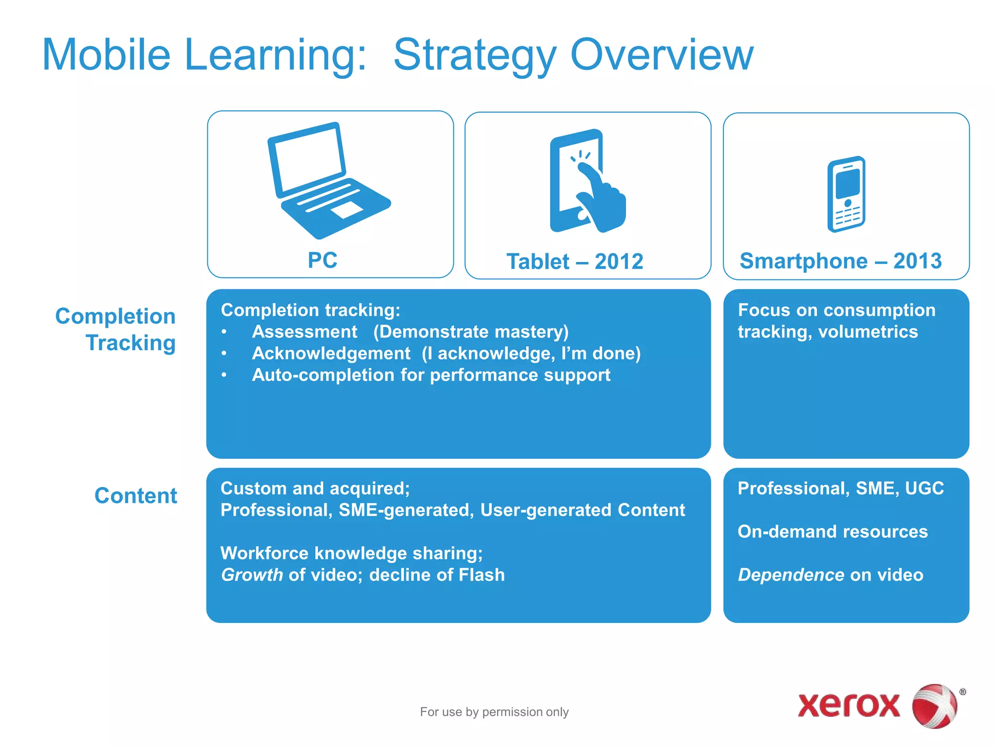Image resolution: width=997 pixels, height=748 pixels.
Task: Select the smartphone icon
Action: coord(846,194)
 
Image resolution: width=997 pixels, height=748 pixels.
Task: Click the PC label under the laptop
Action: coord(322,260)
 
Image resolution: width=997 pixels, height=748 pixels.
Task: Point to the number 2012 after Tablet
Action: coord(619,262)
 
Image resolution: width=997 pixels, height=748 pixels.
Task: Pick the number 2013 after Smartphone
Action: coord(917,261)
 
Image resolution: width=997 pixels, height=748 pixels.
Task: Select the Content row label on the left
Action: coord(136,496)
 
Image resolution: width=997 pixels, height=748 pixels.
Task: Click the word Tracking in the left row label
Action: coord(130,343)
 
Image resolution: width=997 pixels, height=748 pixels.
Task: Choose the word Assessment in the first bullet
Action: coord(305,332)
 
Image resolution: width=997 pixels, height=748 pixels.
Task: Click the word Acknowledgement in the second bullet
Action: coord(331,354)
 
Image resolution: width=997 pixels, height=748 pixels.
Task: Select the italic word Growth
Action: coord(252,575)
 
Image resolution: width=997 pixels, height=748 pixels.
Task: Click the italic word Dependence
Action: coord(791,575)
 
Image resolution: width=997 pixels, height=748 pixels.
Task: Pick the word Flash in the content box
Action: coord(481,575)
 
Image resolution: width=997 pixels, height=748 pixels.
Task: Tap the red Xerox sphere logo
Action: coord(934,706)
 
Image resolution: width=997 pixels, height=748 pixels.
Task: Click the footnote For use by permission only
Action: coord(494,712)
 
